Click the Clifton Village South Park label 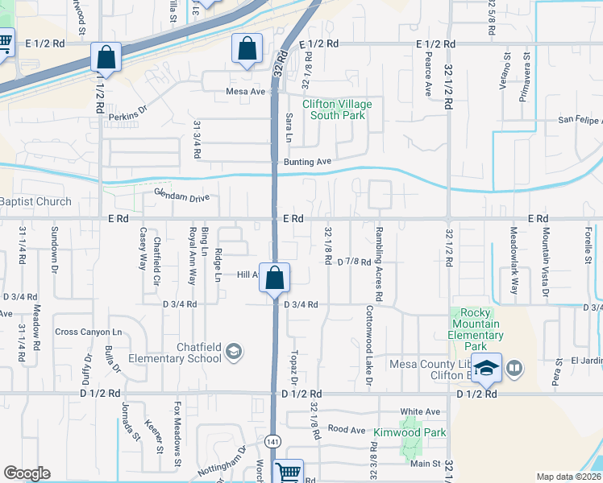pos(337,109)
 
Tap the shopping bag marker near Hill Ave pos(275,278)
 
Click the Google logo pos(27,473)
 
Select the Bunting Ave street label pos(308,162)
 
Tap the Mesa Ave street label pos(246,92)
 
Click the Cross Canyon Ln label pos(88,332)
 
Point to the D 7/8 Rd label pos(354,262)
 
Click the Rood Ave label pos(347,430)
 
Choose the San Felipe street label pos(580,121)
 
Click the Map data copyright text pos(569,477)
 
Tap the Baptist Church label pos(35,201)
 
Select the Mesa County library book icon pos(514,369)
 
